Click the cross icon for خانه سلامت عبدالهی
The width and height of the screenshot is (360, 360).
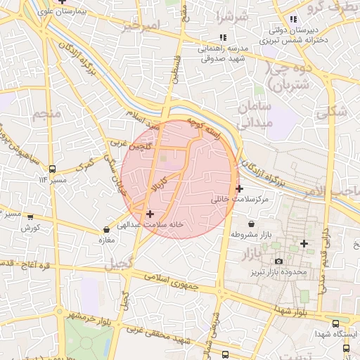(150, 214)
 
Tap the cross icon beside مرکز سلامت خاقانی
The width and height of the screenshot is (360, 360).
(240, 188)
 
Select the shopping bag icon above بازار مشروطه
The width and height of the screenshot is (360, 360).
(251, 224)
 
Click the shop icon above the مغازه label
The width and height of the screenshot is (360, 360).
(106, 229)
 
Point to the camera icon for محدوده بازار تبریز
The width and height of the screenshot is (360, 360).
(278, 262)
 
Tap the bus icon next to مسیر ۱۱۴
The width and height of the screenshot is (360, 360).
(52, 169)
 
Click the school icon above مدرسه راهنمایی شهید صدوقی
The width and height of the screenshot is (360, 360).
(223, 37)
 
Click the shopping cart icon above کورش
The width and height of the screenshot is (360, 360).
(30, 217)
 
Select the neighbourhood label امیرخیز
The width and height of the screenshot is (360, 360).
(141, 27)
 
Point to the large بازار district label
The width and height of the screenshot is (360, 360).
(250, 252)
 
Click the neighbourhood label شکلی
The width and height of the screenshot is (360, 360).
(331, 111)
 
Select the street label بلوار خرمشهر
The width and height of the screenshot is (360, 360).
(88, 316)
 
